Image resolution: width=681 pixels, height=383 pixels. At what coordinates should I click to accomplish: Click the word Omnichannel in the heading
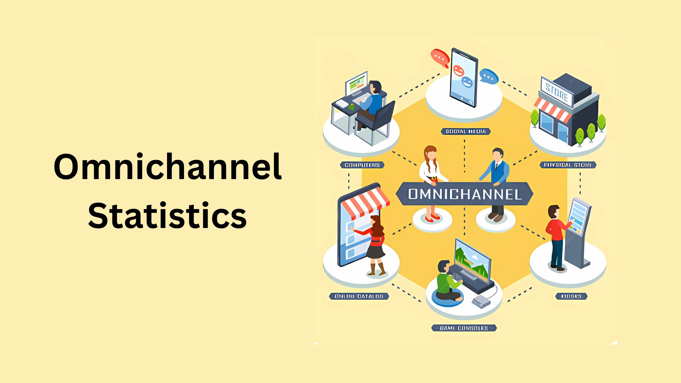[167, 167]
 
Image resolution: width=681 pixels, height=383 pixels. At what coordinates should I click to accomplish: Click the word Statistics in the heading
[167, 216]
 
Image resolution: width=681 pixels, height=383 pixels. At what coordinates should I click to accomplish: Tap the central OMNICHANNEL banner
[464, 194]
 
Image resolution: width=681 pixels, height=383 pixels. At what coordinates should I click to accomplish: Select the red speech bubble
[440, 57]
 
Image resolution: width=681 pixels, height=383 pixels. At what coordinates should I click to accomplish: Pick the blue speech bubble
[489, 76]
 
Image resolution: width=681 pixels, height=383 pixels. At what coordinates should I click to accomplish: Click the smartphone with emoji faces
[464, 78]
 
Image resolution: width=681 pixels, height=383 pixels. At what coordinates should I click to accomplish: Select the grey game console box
[481, 302]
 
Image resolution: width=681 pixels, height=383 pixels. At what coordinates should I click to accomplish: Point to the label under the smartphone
[465, 132]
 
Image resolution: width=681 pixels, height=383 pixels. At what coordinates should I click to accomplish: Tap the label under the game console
[464, 328]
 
